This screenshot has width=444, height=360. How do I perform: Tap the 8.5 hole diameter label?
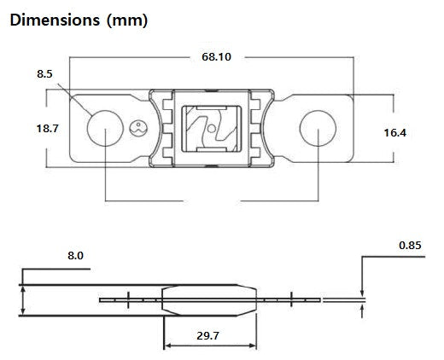pyautogui.click(x=44, y=75)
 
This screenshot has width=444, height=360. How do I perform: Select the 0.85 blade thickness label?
pyautogui.click(x=412, y=246)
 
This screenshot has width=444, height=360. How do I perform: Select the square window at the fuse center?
pyautogui.click(x=210, y=129)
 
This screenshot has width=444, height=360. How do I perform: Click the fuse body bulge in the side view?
pyautogui.click(x=210, y=300)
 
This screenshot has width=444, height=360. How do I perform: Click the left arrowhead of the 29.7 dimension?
pyautogui.click(x=167, y=345)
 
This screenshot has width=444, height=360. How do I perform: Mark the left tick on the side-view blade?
pyautogui.click(x=127, y=299)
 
